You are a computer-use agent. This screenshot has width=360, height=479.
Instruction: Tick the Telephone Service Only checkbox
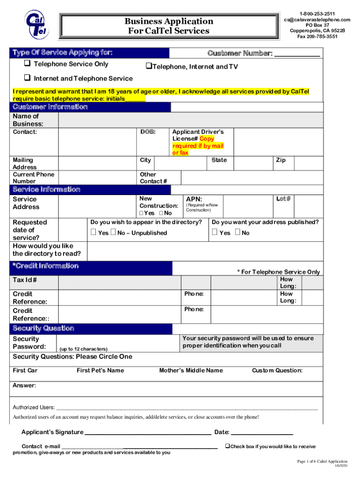click(x=27, y=64)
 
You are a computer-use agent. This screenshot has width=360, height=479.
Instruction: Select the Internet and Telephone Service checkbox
click(x=27, y=78)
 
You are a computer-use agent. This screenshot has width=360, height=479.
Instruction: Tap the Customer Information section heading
click(x=50, y=107)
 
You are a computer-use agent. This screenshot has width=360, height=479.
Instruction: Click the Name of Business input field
click(x=190, y=120)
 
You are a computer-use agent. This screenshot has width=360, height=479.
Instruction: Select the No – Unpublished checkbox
click(x=114, y=232)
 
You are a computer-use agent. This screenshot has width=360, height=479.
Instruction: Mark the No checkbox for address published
click(x=237, y=232)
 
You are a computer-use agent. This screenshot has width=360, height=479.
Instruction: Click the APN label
click(x=194, y=199)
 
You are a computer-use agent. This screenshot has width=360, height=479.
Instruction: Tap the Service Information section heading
click(x=46, y=189)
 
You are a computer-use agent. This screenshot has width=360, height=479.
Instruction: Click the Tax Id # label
click(x=25, y=280)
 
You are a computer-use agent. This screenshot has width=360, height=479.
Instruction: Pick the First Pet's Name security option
click(x=100, y=370)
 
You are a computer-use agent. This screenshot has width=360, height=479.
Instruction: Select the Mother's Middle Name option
click(x=191, y=370)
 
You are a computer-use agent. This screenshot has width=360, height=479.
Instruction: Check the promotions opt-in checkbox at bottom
click(x=227, y=446)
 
